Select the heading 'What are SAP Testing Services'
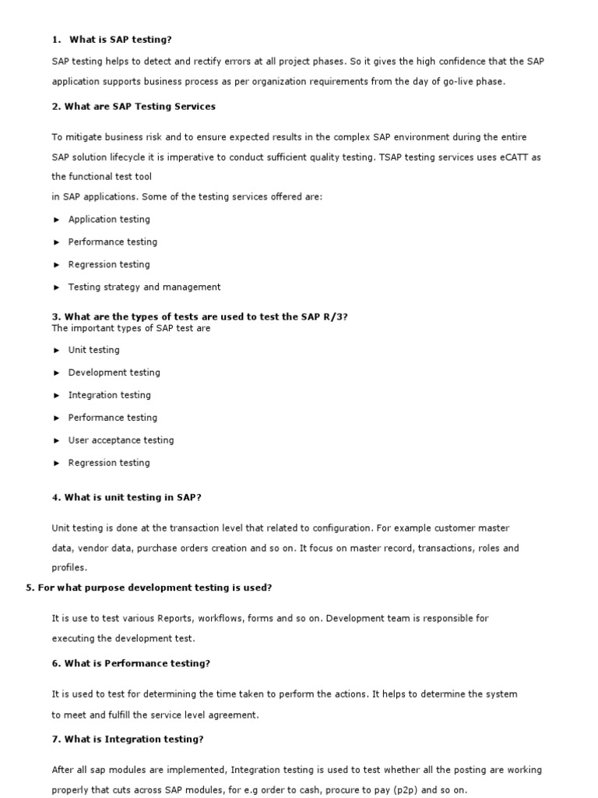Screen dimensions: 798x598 pyautogui.click(x=134, y=106)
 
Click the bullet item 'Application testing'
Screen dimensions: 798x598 pyautogui.click(x=109, y=220)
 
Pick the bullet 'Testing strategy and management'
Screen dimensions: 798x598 pyautogui.click(x=144, y=288)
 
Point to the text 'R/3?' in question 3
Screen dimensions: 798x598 pyautogui.click(x=336, y=316)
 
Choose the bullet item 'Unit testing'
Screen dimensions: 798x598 pyautogui.click(x=93, y=351)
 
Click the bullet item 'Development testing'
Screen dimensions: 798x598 pyautogui.click(x=114, y=373)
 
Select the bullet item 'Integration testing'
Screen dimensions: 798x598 pyautogui.click(x=109, y=396)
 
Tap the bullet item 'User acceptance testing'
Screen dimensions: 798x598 pyautogui.click(x=121, y=441)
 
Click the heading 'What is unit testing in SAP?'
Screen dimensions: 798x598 pyautogui.click(x=126, y=497)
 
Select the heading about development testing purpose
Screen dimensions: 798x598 pyautogui.click(x=149, y=588)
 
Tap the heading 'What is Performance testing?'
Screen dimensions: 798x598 pyautogui.click(x=131, y=663)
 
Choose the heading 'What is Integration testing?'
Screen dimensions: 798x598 pyautogui.click(x=128, y=739)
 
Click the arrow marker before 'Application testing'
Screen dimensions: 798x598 pyautogui.click(x=57, y=220)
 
